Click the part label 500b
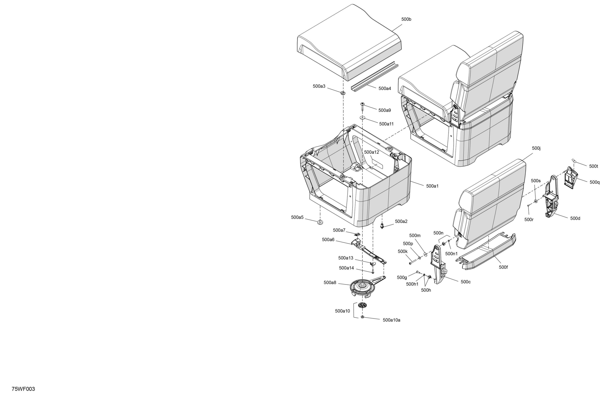pyautogui.click(x=406, y=19)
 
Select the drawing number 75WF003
pyautogui.click(x=23, y=389)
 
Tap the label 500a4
pyautogui.click(x=385, y=88)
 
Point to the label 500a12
pyautogui.click(x=371, y=152)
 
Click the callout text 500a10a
pyautogui.click(x=391, y=320)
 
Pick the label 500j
pyautogui.click(x=536, y=148)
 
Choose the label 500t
pyautogui.click(x=593, y=166)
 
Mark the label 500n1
pyautogui.click(x=451, y=254)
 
